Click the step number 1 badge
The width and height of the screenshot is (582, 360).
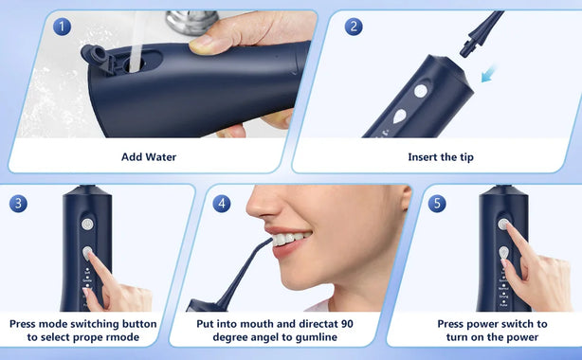[62, 27]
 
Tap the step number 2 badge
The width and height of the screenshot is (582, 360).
[354, 27]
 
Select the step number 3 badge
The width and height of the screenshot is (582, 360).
[18, 204]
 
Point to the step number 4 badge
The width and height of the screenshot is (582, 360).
[222, 204]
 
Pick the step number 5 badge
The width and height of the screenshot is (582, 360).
[437, 204]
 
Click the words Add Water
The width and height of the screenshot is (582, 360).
[149, 157]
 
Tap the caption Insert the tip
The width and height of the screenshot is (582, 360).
[441, 157]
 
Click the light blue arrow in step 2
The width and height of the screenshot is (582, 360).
[489, 74]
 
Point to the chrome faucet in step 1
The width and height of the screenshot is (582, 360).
[191, 22]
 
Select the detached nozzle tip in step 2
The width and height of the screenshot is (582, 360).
[481, 33]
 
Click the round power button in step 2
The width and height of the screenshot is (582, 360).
[421, 91]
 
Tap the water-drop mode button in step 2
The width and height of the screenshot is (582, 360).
[399, 117]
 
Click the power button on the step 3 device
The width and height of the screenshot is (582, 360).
[87, 225]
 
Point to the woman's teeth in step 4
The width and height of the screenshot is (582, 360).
[290, 239]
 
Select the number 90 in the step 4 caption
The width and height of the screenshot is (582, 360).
[347, 324]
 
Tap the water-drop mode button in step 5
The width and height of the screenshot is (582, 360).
[503, 253]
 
